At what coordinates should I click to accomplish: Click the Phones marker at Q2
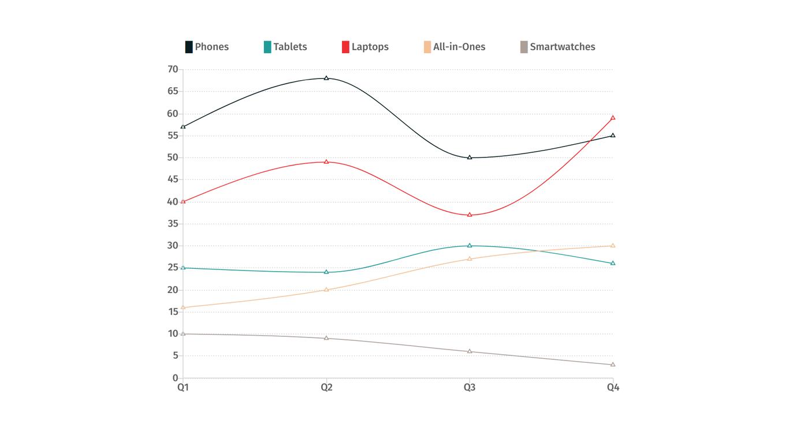click(326, 78)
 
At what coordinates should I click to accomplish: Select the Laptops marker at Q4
click(613, 118)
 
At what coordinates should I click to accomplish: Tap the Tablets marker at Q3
click(470, 246)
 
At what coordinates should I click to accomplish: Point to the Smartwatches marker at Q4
click(613, 365)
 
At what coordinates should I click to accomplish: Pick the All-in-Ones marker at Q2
click(326, 290)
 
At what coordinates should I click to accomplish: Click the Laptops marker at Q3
click(470, 215)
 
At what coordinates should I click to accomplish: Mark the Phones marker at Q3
click(470, 157)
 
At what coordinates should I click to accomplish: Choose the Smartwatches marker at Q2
click(326, 338)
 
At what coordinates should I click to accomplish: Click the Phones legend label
click(211, 47)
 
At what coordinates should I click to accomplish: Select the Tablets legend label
click(290, 47)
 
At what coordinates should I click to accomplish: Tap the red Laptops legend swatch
click(345, 47)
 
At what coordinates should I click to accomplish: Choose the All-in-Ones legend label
click(459, 47)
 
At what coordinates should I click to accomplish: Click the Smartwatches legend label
click(562, 47)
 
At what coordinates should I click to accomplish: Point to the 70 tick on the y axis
click(173, 69)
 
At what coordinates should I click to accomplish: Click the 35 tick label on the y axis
click(173, 224)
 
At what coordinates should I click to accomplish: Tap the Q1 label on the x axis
click(183, 388)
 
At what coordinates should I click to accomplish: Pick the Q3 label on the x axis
click(470, 388)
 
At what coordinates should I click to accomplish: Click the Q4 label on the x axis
click(613, 388)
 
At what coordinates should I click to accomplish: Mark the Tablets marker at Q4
click(613, 263)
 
